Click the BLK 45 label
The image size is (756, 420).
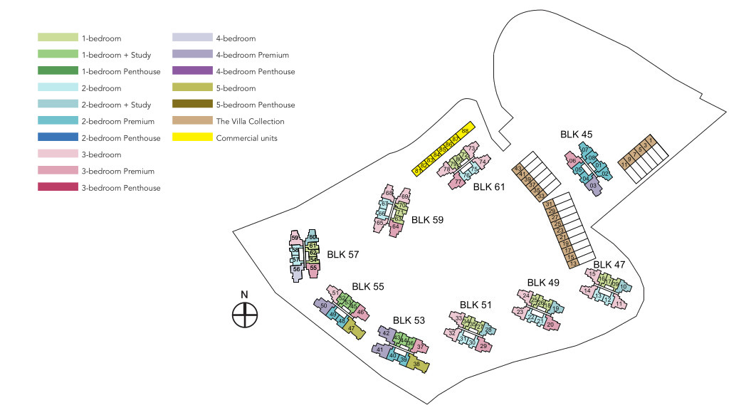click(x=576, y=134)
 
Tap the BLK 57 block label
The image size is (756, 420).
click(x=342, y=253)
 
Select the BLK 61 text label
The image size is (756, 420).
click(x=488, y=187)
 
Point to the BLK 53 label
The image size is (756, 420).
click(x=409, y=320)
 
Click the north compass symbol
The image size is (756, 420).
click(x=244, y=314)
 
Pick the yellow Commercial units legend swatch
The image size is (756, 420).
click(x=194, y=137)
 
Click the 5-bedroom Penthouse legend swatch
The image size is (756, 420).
click(x=194, y=105)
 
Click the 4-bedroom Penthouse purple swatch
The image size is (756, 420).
click(x=194, y=71)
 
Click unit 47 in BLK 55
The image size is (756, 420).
click(x=351, y=328)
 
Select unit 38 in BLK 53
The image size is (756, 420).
click(x=416, y=363)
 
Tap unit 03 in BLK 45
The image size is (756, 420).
click(x=592, y=186)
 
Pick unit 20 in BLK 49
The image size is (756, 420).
click(x=550, y=325)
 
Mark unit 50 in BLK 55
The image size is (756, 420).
click(x=323, y=305)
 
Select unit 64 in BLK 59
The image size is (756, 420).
click(x=395, y=226)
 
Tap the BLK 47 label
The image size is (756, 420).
click(x=609, y=265)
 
